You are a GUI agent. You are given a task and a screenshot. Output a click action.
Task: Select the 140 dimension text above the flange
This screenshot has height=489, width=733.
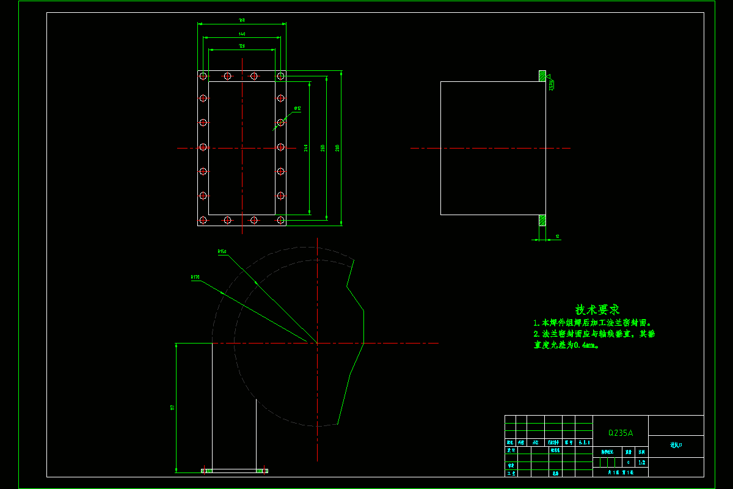point(242,34)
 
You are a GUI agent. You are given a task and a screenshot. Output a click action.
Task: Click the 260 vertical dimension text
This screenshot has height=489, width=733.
point(323,148)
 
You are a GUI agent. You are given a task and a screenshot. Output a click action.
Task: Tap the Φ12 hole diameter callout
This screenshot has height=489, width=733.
point(297,109)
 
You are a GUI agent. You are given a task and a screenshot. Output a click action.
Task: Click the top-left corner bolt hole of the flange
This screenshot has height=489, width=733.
point(203,76)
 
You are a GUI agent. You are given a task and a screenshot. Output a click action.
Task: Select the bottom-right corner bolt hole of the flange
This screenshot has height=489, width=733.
point(280,219)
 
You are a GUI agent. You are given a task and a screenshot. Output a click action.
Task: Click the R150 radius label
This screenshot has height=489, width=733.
point(222,251)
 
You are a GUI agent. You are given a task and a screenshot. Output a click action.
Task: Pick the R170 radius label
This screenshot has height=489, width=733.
point(195,277)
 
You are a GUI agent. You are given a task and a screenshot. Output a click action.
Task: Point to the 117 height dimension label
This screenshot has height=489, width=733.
point(173,407)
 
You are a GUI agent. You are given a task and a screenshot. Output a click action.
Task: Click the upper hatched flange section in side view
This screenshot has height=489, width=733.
point(542,76)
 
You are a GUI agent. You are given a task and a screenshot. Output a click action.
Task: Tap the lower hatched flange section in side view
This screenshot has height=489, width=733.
point(542,220)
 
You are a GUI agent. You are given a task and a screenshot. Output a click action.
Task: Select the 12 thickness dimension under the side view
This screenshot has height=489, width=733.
point(557,236)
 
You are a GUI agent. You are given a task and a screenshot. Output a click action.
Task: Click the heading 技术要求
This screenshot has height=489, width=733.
point(597,310)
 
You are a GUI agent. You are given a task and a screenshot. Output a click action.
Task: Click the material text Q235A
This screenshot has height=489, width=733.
point(620,433)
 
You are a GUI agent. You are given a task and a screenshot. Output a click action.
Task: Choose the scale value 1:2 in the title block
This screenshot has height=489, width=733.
point(641,463)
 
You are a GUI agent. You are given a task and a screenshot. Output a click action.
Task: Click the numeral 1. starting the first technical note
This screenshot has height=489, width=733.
point(536,323)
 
